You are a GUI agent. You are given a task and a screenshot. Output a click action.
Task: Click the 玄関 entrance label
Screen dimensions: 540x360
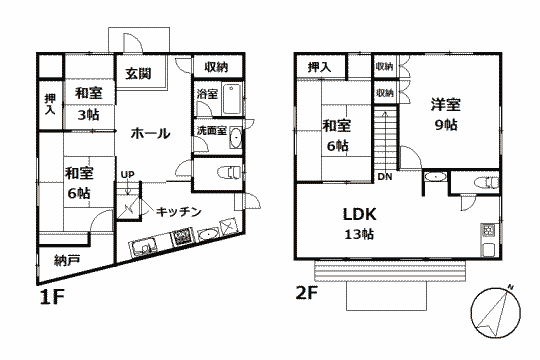[138, 73]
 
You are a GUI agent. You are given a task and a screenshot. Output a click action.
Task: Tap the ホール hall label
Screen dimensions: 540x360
[150, 133]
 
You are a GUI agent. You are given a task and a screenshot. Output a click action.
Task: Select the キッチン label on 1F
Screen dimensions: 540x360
[178, 212]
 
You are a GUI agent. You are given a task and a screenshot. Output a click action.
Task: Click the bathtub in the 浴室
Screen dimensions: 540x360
[231, 99]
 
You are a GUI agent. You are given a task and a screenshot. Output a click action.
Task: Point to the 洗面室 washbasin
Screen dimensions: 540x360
[236, 138]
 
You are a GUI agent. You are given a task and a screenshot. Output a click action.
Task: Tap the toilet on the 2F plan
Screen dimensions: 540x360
[486, 182]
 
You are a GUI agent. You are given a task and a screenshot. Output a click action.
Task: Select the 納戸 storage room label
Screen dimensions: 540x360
[67, 260]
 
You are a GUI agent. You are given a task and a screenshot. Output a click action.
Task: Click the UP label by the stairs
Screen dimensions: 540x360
[127, 175]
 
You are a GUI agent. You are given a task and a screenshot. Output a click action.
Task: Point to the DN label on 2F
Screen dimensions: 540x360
[385, 177]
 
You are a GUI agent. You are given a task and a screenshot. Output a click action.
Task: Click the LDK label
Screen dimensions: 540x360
[360, 214]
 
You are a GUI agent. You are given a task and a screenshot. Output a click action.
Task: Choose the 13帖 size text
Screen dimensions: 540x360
[359, 234]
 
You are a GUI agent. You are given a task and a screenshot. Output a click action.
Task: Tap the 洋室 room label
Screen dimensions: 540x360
[446, 105]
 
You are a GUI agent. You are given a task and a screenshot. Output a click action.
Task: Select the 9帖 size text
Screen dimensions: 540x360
[446, 124]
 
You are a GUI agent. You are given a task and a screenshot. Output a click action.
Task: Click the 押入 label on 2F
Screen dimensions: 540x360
[319, 67]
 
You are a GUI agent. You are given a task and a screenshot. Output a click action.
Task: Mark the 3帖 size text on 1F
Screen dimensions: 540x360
[89, 114]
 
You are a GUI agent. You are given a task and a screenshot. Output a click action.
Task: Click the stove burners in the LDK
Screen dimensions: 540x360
[489, 231]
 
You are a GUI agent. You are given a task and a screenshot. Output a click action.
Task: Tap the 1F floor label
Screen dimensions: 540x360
[52, 297]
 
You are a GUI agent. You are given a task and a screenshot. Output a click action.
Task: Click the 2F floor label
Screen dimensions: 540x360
[307, 293]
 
